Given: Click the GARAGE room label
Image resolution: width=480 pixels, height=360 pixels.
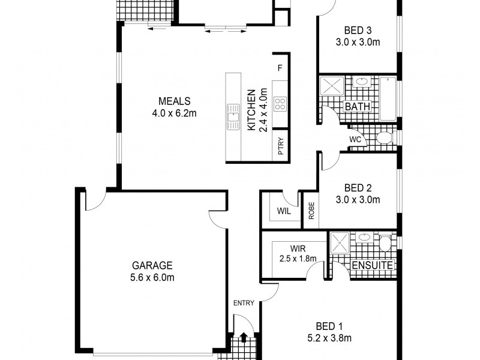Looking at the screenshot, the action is [152, 265].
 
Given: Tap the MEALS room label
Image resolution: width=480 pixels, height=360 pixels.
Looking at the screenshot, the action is [174, 101].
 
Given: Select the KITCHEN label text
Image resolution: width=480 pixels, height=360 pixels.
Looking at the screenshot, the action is [251, 110].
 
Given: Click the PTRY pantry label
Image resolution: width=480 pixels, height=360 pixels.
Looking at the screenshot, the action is [281, 146].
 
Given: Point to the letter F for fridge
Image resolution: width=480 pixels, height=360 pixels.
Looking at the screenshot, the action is [280, 68].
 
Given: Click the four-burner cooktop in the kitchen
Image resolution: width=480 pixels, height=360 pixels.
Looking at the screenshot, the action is [280, 104].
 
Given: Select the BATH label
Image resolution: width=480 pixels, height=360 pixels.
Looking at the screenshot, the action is [357, 107].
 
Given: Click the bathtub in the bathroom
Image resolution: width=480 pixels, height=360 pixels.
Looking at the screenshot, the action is [388, 99].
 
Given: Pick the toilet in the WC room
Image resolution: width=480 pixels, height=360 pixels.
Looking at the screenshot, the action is [385, 137].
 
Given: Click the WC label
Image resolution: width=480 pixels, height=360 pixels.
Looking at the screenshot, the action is [355, 140].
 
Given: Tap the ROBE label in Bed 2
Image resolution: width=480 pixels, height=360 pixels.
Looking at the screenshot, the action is [311, 211].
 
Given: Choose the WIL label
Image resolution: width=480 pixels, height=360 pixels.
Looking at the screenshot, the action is [284, 211].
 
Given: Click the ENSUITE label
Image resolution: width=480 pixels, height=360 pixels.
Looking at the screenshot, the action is [372, 265].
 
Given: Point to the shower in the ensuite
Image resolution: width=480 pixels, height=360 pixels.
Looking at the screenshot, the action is [340, 242].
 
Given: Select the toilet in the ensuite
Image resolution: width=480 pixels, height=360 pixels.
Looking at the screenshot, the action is [384, 242].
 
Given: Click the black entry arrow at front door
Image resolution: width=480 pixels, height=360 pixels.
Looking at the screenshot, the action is [244, 337].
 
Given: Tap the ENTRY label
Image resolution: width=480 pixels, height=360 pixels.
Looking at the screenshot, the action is [244, 303].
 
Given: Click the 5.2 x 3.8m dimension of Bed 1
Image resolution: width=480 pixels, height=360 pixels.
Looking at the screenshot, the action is [329, 338].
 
